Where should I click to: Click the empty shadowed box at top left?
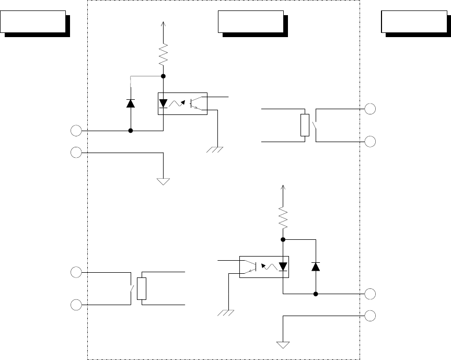pos(34,22)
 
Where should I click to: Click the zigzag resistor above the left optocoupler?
pos(164,54)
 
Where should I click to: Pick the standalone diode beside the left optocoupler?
pos(130,102)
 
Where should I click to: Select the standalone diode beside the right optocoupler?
pos(315,266)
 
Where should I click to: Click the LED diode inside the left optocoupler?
pos(164,103)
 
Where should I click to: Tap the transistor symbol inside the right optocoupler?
pos(252,266)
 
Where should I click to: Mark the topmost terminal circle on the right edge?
pos(371,109)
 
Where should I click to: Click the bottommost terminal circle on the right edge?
pos(371,316)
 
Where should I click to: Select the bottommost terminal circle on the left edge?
pos(76,304)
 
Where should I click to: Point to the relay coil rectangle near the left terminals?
pos(141,288)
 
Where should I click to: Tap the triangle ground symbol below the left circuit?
pos(164,181)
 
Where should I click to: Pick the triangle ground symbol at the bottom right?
pos(283,345)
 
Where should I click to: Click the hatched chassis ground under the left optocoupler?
pos(215,150)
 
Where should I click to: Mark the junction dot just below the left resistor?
pos(164,76)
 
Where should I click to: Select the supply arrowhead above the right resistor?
pos(283,187)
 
